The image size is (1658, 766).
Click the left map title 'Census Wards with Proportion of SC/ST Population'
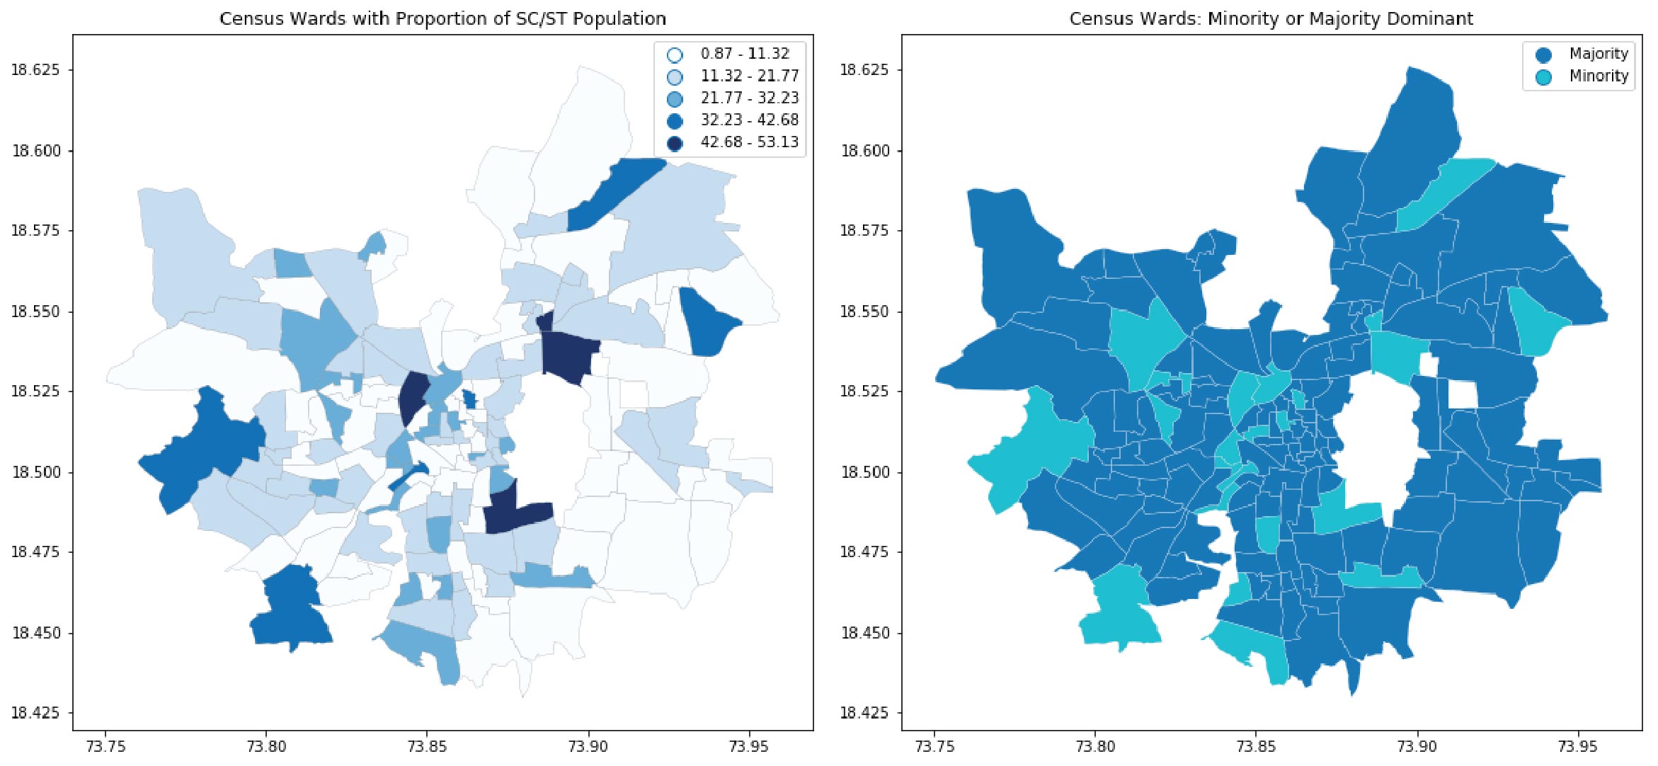tap(442, 18)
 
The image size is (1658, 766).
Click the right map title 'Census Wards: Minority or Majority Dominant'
tap(1271, 18)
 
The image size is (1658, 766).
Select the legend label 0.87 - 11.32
tap(745, 53)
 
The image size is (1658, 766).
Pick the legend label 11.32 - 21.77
tap(750, 75)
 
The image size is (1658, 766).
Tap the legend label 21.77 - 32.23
tap(750, 98)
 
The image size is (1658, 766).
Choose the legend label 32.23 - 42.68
tap(750, 120)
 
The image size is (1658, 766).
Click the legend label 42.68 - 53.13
tap(750, 142)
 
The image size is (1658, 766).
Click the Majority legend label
tap(1599, 53)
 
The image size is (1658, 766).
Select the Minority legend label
tap(1599, 76)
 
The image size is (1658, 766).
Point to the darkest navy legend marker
tap(675, 144)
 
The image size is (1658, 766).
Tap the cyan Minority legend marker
tap(1543, 77)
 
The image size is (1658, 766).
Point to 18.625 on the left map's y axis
tap(35, 69)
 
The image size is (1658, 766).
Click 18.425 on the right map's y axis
tap(864, 712)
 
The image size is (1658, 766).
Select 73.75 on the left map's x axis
tap(106, 745)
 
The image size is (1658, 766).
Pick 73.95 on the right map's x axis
tap(1578, 745)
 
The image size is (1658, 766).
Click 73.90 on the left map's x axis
tap(588, 745)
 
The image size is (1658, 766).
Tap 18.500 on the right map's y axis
tap(864, 471)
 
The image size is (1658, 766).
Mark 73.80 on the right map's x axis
tap(1095, 745)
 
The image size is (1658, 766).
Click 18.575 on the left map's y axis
tap(35, 230)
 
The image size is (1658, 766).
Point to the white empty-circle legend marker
tap(675, 55)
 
